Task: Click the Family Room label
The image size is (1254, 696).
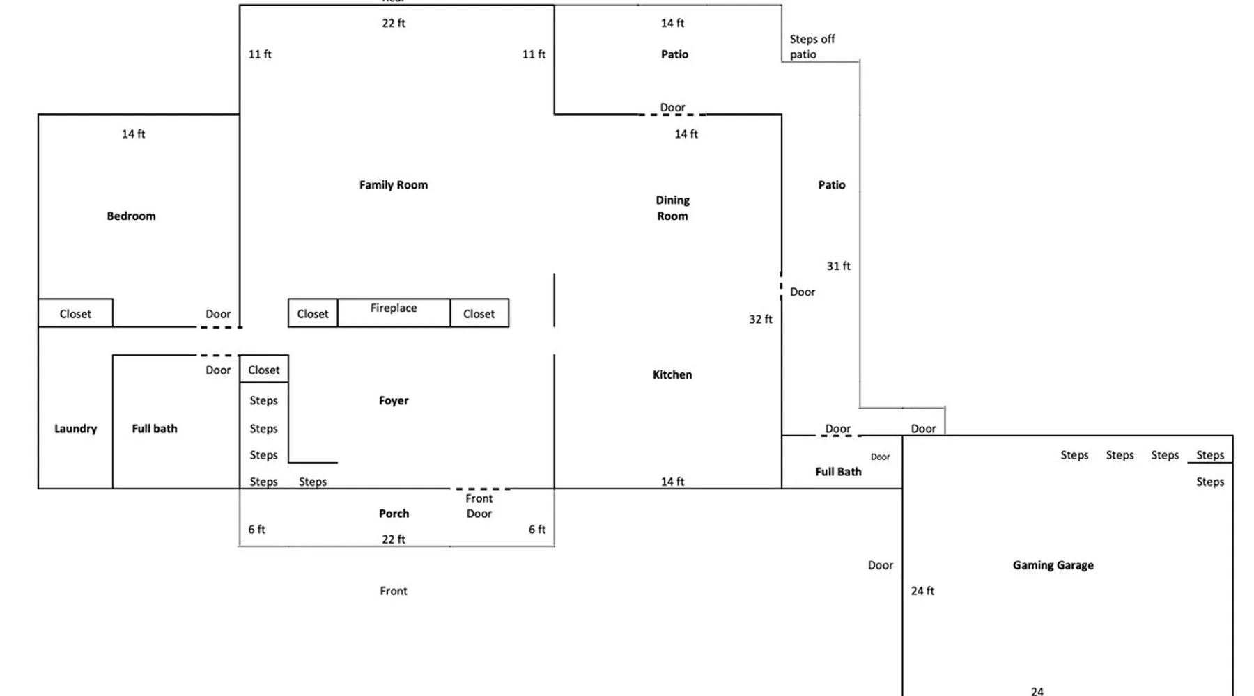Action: (x=394, y=184)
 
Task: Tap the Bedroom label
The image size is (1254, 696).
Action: (x=131, y=216)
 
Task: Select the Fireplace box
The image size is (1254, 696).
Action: (x=394, y=313)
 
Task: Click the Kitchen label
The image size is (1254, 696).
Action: (x=672, y=374)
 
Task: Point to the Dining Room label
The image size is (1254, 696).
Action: (x=672, y=207)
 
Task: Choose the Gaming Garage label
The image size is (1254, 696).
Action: (x=1053, y=565)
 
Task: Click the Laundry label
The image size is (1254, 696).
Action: (x=75, y=429)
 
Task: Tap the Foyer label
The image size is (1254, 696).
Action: (x=394, y=400)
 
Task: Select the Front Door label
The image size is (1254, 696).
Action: (x=479, y=506)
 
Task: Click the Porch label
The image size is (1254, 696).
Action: (x=394, y=514)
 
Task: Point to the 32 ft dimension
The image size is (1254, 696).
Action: (x=760, y=319)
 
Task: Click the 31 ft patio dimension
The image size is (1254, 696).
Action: (x=838, y=266)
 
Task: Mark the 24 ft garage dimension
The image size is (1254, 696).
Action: (x=922, y=591)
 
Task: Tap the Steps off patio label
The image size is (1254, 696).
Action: (x=812, y=47)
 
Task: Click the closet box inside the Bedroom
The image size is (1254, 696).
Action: (x=75, y=313)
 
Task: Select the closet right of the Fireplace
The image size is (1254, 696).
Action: (x=479, y=313)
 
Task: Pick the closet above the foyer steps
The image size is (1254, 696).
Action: (x=264, y=370)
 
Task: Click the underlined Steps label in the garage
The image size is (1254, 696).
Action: (x=1210, y=455)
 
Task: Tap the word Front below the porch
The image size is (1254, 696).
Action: (x=394, y=591)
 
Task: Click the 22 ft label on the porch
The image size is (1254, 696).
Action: (x=394, y=539)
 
